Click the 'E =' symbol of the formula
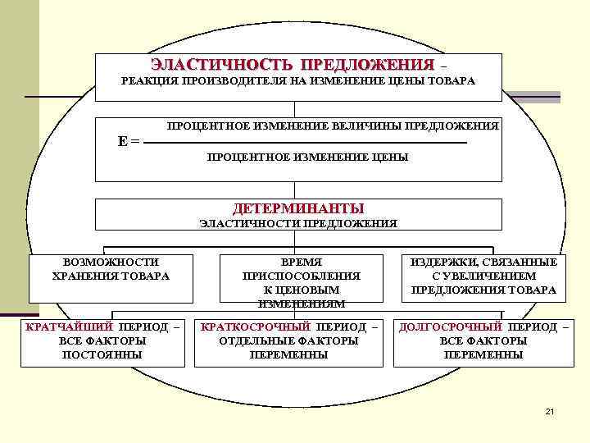pos(129,141)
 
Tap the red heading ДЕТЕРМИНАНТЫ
pos(298,208)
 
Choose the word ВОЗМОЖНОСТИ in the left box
pos(111,262)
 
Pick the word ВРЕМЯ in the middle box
pos(300,262)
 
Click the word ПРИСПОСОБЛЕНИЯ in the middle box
pos(300,276)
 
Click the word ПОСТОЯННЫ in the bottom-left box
pos(102,354)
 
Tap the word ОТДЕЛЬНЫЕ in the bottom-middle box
pos(254,340)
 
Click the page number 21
pos(550,410)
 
